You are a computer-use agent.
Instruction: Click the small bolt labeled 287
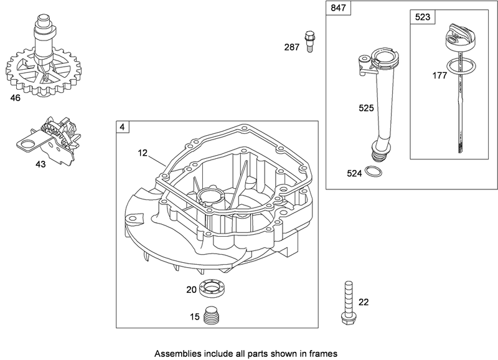pos(308,41)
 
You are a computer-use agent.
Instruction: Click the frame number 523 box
pos(422,18)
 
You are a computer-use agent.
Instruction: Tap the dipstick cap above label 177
pos(461,39)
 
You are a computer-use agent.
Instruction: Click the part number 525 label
pos(366,108)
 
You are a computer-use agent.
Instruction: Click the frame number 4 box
pos(122,127)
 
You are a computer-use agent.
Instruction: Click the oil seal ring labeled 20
pos(214,290)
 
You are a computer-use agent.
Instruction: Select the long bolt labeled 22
pos(346,302)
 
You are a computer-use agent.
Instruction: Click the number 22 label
pos(363,303)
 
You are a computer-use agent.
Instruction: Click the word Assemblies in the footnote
pos(177,351)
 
